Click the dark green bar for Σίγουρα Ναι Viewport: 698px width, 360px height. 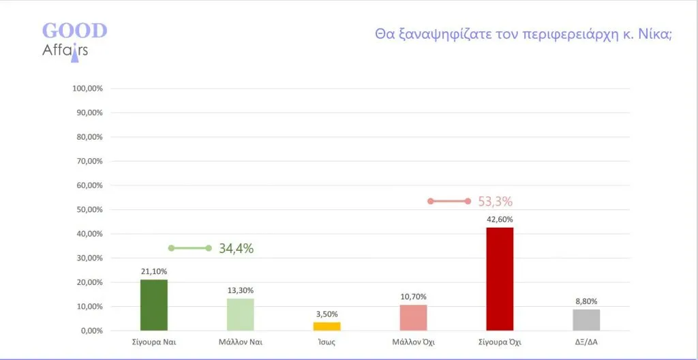[153, 305]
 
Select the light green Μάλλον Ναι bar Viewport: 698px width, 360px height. [240, 314]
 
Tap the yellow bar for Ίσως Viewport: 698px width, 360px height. [327, 326]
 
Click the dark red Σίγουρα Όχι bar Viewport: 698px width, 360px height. [500, 279]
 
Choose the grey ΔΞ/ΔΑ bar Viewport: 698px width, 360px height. [586, 320]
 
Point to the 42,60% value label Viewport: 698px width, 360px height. [500, 220]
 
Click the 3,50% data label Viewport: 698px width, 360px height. [327, 314]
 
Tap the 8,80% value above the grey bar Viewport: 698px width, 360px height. [586, 301]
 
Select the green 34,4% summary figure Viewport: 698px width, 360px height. [236, 248]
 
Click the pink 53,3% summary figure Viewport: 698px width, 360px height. [495, 202]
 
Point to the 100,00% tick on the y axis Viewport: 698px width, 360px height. [87, 89]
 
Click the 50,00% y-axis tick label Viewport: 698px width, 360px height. [89, 210]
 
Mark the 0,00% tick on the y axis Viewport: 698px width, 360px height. [91, 331]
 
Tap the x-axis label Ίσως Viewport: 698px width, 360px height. [327, 342]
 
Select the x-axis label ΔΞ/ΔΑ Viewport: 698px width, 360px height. [586, 342]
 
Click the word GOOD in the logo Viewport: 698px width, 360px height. [74, 31]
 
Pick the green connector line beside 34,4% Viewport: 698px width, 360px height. [190, 248]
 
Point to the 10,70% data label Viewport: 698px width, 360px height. [413, 297]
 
